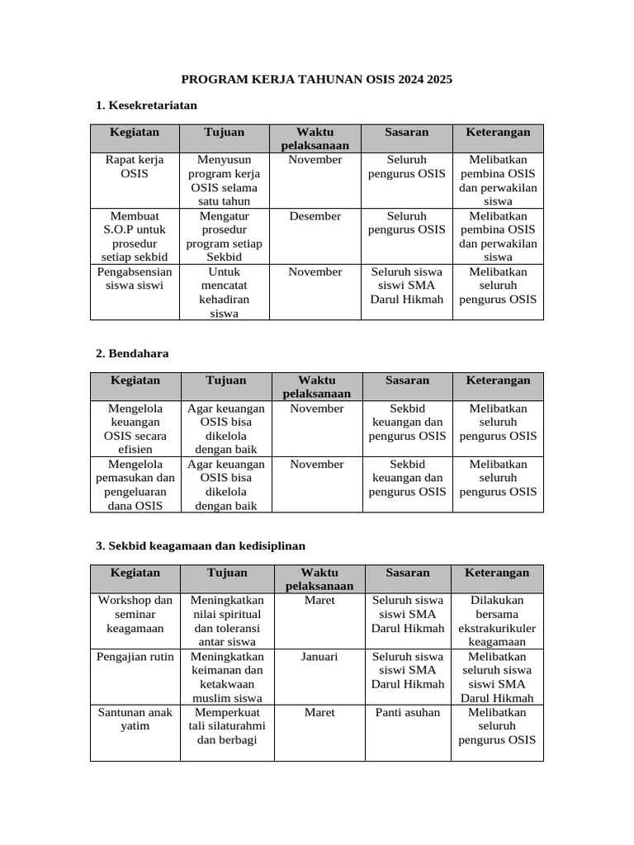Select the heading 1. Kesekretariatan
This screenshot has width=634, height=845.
[x=146, y=105]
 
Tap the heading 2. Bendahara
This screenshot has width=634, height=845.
[x=132, y=353]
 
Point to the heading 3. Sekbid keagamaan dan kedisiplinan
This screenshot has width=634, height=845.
[x=201, y=545]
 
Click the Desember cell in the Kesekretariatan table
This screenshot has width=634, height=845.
[x=315, y=216]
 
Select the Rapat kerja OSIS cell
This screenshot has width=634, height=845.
[x=135, y=167]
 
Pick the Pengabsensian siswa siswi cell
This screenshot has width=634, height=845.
[x=135, y=279]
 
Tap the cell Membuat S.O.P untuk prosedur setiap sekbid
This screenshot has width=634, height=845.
[x=135, y=236]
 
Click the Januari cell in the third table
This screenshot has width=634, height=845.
[x=319, y=657]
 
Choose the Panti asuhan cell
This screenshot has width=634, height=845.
[x=407, y=713]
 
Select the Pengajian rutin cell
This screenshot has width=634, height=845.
[x=135, y=657]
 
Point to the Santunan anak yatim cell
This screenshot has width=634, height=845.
[x=135, y=720]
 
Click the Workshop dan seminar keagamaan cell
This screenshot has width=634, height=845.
[x=135, y=615]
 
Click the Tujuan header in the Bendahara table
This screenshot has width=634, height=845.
[x=226, y=380]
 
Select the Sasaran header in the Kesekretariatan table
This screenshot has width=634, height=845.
[x=406, y=132]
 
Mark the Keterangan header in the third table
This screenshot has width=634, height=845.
[x=497, y=573]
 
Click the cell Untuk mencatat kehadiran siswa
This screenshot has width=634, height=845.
[x=224, y=292]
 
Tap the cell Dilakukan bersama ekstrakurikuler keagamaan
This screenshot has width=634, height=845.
[x=497, y=621]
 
